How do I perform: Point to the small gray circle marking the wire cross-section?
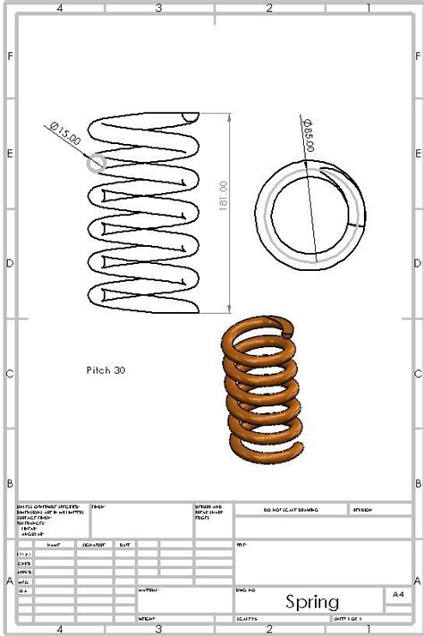click(96, 163)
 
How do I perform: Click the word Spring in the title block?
click(312, 602)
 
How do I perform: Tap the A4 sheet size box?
click(398, 594)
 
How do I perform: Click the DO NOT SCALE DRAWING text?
click(290, 509)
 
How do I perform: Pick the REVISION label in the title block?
click(362, 509)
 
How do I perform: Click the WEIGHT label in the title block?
click(147, 618)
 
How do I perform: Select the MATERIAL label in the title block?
click(149, 590)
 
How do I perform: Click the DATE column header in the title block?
click(124, 544)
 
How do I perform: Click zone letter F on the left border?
click(10, 56)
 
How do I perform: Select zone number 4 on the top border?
click(59, 8)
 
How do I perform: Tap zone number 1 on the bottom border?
click(369, 629)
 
